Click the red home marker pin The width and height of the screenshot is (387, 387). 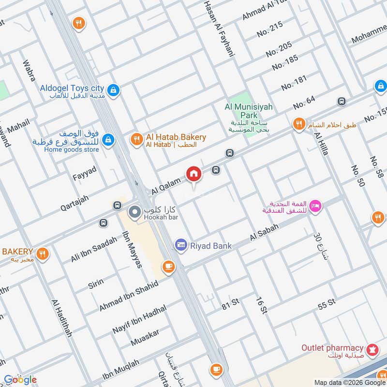(x=193, y=174)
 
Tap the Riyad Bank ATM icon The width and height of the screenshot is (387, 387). (x=181, y=246)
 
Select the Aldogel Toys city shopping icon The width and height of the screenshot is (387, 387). (x=113, y=90)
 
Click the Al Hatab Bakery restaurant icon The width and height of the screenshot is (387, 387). (x=136, y=140)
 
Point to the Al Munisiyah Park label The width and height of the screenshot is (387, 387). (x=242, y=111)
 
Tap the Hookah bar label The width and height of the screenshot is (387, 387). (x=160, y=218)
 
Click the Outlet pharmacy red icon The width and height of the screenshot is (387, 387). (x=372, y=348)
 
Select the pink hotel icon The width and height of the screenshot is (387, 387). (x=315, y=206)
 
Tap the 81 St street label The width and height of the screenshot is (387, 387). (x=231, y=303)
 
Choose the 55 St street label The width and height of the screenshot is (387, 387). (x=327, y=304)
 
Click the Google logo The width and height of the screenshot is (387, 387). (x=20, y=379)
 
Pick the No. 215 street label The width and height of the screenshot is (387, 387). (x=269, y=30)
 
